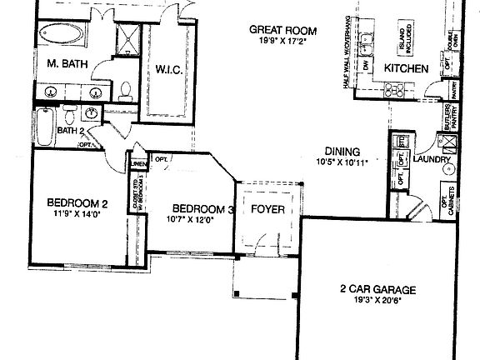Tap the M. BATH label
[x=63, y=64]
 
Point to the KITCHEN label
[x=406, y=67]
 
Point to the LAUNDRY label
[x=432, y=158]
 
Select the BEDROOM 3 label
[x=201, y=208]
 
